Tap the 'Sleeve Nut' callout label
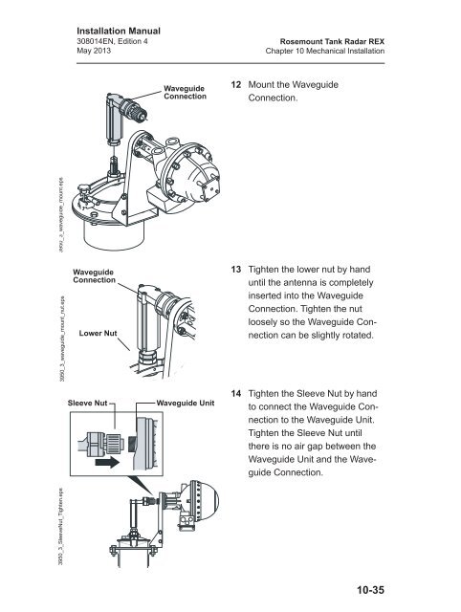click(89, 404)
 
